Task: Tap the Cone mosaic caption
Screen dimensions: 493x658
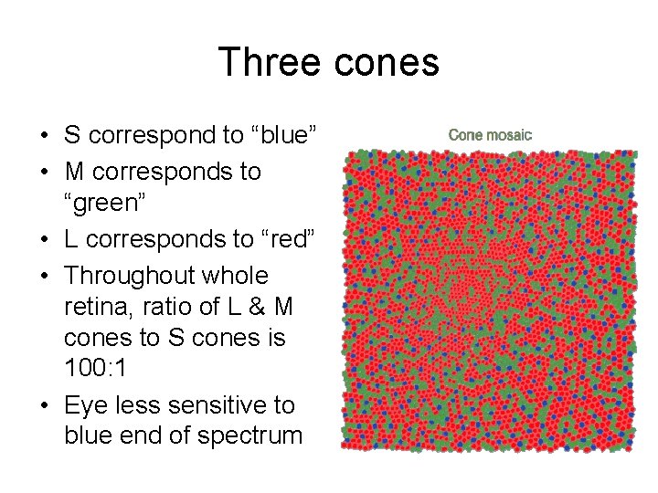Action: [490, 135]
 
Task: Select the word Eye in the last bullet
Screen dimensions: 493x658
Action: [84, 404]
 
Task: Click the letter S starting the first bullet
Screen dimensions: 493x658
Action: [71, 136]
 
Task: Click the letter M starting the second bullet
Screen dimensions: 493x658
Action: [73, 172]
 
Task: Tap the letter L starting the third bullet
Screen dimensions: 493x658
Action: [70, 240]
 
